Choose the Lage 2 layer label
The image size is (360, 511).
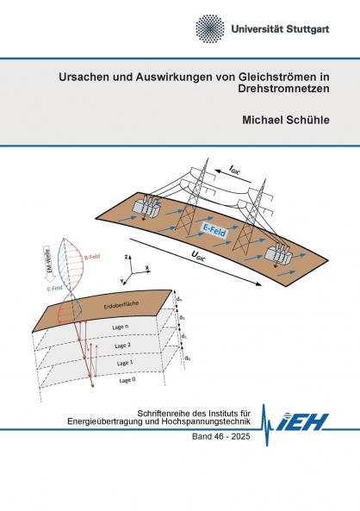(113, 344)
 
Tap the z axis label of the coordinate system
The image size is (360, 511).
(126, 257)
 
